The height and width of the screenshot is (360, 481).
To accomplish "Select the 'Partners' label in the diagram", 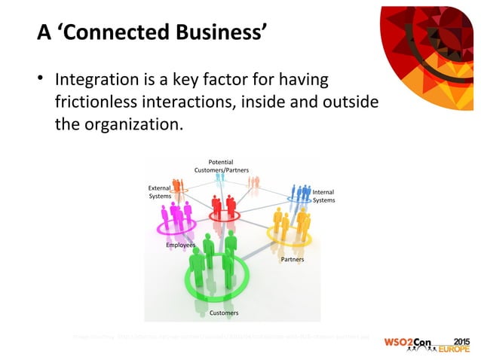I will (x=293, y=259).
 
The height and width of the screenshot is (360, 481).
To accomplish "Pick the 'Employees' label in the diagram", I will (x=180, y=246).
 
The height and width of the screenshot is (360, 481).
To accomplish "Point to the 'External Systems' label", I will (x=159, y=192).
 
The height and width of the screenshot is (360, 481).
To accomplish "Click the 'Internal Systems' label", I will (x=323, y=196).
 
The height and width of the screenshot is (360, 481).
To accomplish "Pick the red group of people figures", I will (x=224, y=205).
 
